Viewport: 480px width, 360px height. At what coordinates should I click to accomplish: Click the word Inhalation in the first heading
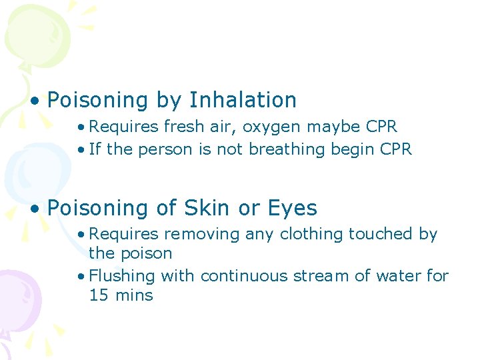pos(243,100)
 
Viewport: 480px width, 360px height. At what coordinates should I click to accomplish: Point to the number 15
pos(98,295)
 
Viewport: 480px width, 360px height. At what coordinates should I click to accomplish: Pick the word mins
pos(133,295)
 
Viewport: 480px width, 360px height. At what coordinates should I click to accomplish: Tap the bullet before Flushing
pos(81,276)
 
